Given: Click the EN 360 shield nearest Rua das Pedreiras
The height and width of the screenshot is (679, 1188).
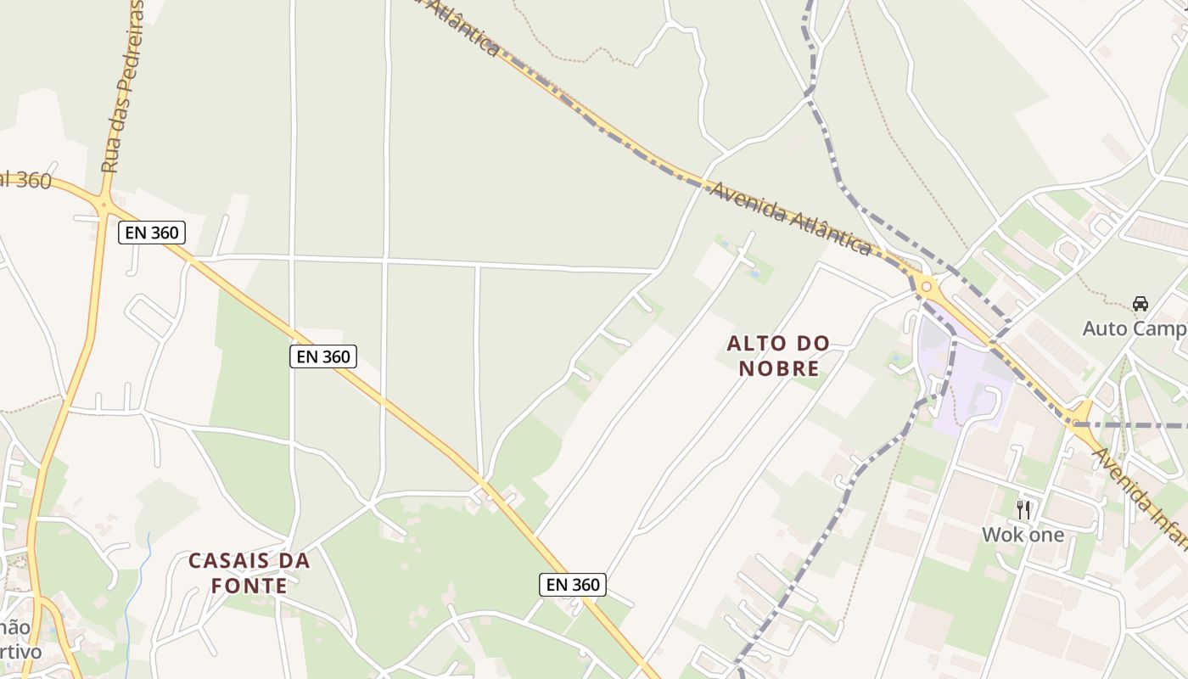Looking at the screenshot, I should coord(152,233).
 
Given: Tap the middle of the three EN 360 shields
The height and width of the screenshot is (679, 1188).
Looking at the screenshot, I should coord(323,356).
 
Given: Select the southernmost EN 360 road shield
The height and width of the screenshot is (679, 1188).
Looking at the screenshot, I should coord(573,584).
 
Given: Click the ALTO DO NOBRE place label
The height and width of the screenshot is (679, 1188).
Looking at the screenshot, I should coord(778,356).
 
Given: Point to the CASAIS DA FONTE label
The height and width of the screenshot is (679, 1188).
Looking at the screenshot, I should coord(249,573).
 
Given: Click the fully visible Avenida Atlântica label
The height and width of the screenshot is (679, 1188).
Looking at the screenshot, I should coord(790,218).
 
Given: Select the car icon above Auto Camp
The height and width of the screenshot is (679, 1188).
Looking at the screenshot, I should coord(1140,303).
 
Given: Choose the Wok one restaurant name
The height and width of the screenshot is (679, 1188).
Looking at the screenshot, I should coord(1023,535).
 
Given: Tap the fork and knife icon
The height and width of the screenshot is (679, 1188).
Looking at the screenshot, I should coord(1023,509).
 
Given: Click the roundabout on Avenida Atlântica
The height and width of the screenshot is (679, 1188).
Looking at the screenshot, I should coord(926,287).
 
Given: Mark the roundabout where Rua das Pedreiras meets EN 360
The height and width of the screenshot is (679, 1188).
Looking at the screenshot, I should coord(104,205).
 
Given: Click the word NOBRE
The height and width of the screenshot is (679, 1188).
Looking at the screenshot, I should coord(778,368).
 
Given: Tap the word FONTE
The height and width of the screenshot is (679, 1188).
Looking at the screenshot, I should coord(249,586).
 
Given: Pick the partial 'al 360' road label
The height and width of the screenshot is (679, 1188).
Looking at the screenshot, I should coord(25,180).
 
